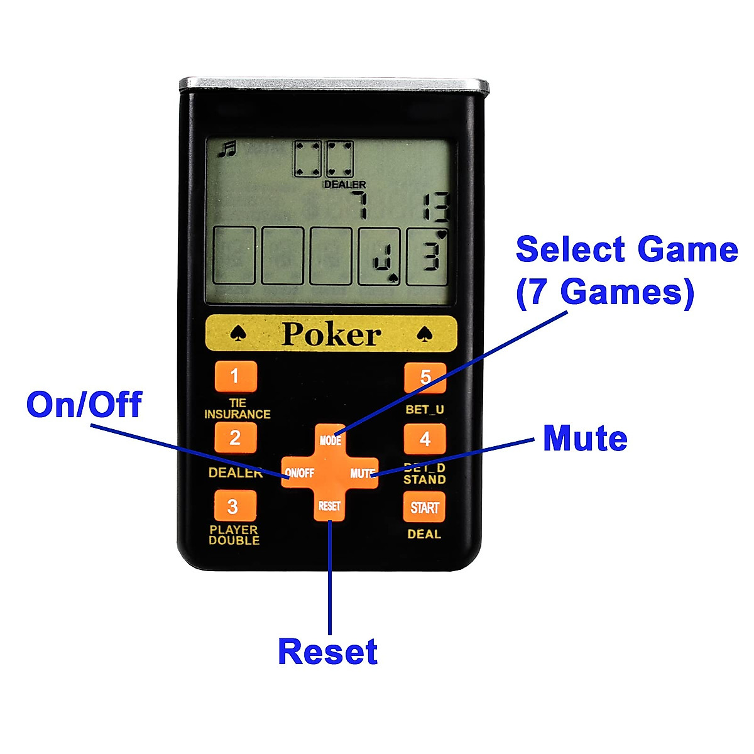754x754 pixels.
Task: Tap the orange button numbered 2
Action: pos(235,437)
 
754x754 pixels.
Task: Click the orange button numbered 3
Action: pos(232,506)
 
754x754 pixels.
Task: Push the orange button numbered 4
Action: pos(425,439)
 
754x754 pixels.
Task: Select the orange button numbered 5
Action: pos(425,377)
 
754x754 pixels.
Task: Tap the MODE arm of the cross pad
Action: pos(330,440)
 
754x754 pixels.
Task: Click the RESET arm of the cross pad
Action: pos(329,506)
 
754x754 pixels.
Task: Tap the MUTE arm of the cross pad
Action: pos(362,473)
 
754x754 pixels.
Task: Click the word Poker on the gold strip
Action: pos(331,334)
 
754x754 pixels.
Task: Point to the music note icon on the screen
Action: pos(227,149)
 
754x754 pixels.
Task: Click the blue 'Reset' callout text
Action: pos(327,652)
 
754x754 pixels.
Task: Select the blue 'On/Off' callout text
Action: pos(84,404)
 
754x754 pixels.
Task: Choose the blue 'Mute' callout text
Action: pos(585,438)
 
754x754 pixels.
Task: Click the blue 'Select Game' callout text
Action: pos(626,249)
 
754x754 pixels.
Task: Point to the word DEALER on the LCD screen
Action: pos(344,185)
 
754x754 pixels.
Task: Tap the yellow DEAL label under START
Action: pos(424,534)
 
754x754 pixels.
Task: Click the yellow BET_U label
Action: pos(425,410)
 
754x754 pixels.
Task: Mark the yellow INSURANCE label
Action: pos(237,414)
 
